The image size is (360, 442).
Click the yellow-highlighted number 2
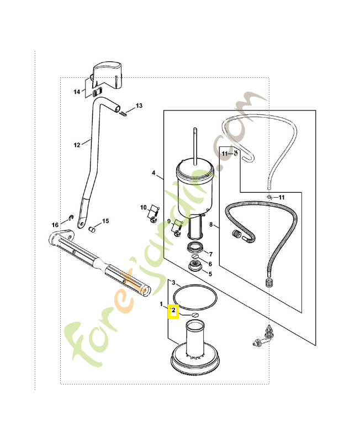173,312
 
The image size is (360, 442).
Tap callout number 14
77,91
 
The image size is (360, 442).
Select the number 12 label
77,145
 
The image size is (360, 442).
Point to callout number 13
139,106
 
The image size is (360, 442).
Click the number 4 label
153,173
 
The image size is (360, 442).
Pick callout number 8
210,224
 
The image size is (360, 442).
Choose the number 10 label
143,208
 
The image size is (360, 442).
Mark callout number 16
55,225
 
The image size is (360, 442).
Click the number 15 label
105,221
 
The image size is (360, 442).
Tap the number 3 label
173,282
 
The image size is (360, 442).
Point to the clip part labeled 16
71,217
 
